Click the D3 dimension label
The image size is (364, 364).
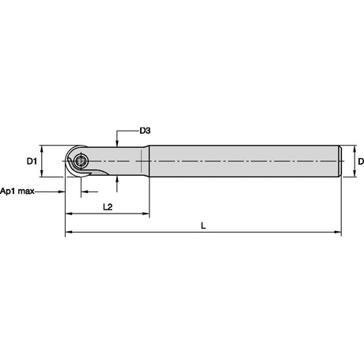click(145, 131)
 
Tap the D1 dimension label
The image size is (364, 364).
click(32, 161)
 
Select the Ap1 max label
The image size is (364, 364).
click(17, 191)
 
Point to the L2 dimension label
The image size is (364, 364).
click(108, 207)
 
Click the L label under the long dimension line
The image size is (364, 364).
click(203, 226)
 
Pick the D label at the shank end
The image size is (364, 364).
click(361, 161)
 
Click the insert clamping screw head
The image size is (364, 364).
click(81, 161)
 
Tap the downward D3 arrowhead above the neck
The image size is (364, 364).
click(116, 142)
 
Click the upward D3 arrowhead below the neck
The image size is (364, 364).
click(116, 180)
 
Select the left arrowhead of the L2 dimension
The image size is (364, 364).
click(69, 214)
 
